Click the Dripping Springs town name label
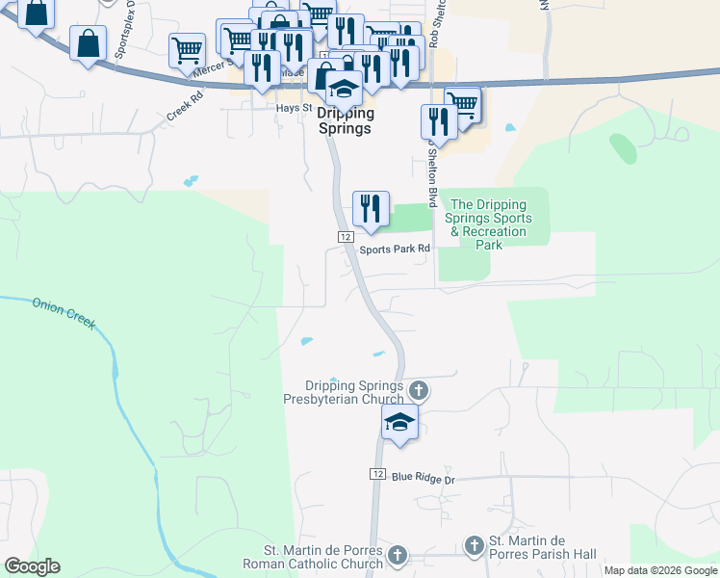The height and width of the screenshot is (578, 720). coord(344,120)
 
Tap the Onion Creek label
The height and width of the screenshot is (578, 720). coord(64,312)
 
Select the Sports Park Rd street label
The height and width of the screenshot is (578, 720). coord(394,250)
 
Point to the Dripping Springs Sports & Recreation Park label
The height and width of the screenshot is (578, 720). coord(489,224)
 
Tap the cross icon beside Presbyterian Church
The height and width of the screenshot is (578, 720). coord(418,390)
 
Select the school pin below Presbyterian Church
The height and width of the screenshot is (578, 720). coord(400,422)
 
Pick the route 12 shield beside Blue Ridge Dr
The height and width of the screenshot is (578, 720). coord(377,475)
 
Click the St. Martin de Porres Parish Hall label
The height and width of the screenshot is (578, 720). coord(543,546)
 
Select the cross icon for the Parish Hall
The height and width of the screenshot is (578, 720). coord(474,546)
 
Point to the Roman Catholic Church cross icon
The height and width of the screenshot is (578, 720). coord(398,555)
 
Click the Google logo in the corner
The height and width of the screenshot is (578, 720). coord(32,566)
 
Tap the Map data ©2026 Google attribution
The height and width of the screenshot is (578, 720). coord(660,570)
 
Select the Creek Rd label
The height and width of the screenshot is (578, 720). coord(185,104)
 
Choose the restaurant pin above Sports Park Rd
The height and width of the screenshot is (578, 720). coord(371,208)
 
